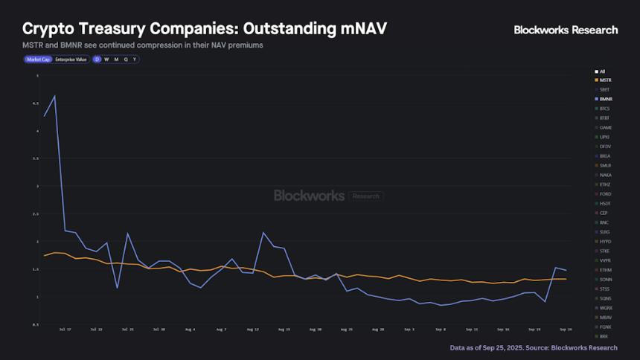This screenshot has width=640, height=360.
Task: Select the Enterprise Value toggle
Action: tap(71, 59)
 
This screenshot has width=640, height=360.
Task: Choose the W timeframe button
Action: tap(106, 59)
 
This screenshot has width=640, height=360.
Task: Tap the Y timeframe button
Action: tap(135, 59)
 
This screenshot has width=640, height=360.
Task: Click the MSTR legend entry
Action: tap(605, 80)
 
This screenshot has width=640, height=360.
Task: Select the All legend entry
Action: tap(602, 71)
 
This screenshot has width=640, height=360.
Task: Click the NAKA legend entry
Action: tap(605, 175)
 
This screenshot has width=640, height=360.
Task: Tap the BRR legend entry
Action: tap(604, 336)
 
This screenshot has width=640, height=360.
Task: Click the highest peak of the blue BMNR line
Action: tap(54, 96)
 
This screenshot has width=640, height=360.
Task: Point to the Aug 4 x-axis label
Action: tap(189, 328)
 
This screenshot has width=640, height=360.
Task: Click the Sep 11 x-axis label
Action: tap(472, 328)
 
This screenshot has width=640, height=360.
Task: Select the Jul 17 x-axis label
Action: tap(64, 328)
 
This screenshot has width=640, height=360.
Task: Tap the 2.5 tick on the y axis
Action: tap(35, 213)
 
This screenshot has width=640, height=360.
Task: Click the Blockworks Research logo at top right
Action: tap(566, 30)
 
